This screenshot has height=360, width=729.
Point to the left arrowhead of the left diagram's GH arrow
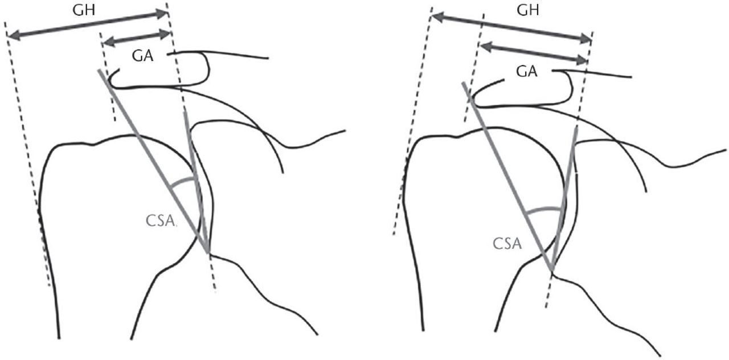[12, 36]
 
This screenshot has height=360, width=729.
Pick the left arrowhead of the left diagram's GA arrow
[107, 41]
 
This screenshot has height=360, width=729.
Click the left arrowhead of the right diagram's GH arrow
[436, 17]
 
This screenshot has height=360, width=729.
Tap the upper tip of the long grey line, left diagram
[100, 71]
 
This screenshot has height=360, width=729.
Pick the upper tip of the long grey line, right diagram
[462, 83]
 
